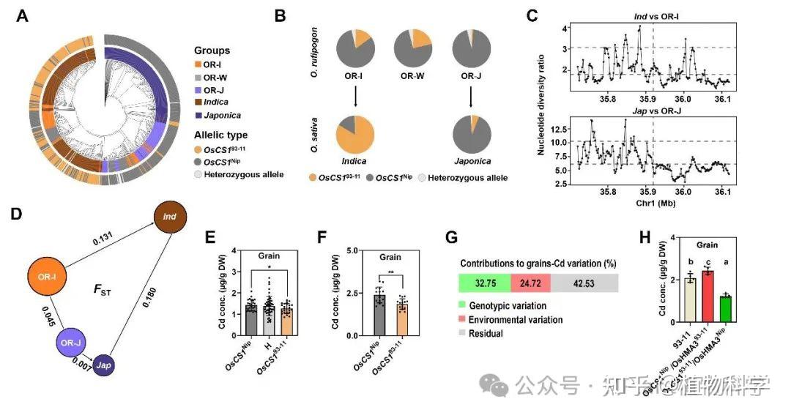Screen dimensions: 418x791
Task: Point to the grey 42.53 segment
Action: tap(588, 283)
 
